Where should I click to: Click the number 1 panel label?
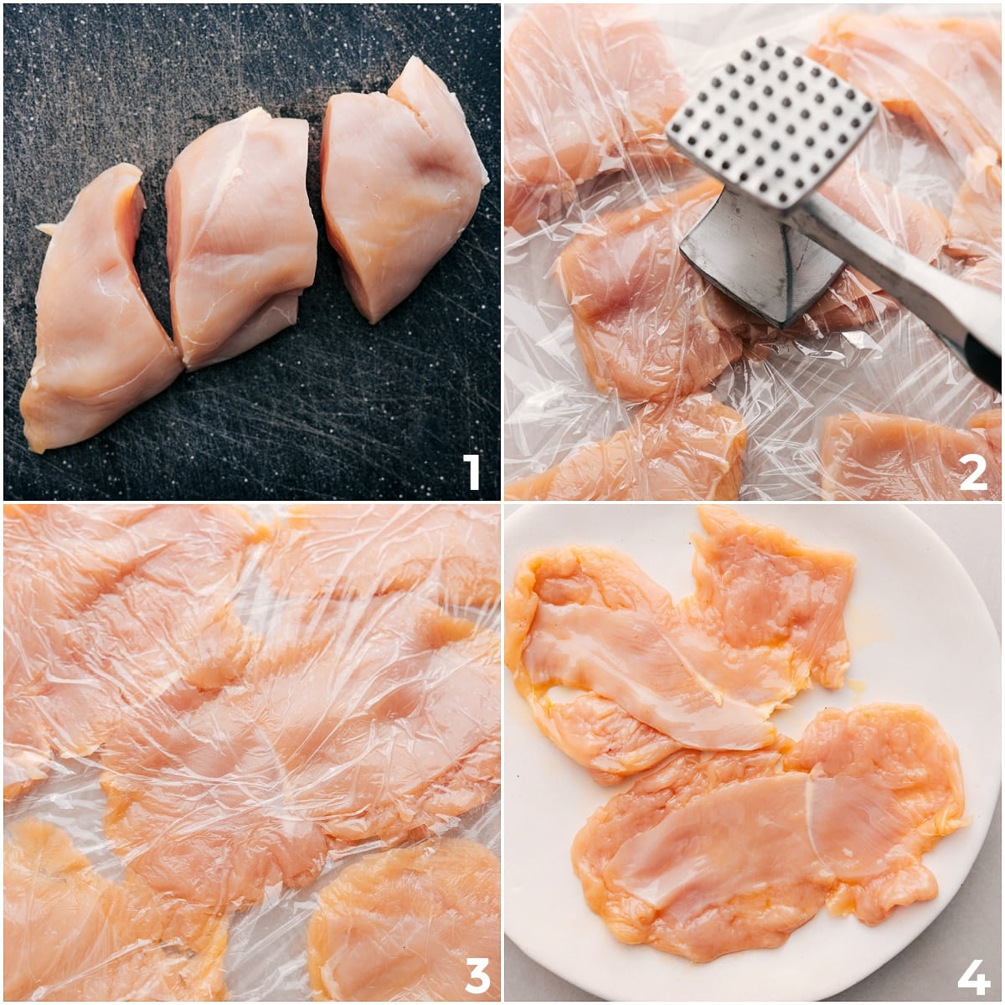click(x=472, y=472)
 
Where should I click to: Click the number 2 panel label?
click(x=972, y=472)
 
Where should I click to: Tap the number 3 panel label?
click(x=477, y=974)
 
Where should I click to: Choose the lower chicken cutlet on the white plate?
click(x=770, y=846)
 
